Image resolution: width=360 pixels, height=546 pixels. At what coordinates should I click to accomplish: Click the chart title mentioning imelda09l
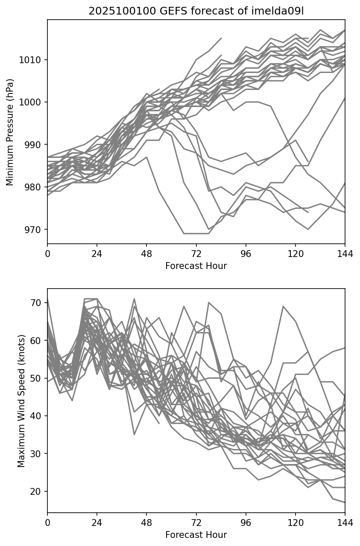click(x=196, y=11)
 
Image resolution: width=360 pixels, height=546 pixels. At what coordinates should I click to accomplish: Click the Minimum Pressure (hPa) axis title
click(x=10, y=132)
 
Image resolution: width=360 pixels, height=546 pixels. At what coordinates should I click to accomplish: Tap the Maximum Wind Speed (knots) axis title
click(x=21, y=400)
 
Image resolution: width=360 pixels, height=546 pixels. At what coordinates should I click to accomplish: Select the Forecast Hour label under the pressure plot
click(x=196, y=266)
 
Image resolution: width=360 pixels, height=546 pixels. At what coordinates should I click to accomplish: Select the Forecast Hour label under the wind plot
click(x=196, y=535)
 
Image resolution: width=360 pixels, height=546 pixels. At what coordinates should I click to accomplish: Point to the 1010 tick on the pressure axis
click(x=31, y=60)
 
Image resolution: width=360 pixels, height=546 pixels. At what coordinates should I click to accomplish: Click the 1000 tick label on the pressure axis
click(x=31, y=102)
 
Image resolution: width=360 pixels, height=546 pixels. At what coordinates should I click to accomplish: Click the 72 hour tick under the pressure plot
click(x=196, y=254)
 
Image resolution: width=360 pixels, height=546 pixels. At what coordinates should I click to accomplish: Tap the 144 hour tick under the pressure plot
click(x=345, y=254)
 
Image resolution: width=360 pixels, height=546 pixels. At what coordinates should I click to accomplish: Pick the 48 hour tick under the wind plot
click(x=146, y=523)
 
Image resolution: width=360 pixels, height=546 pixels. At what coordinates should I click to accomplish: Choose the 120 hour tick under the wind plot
click(x=296, y=523)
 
